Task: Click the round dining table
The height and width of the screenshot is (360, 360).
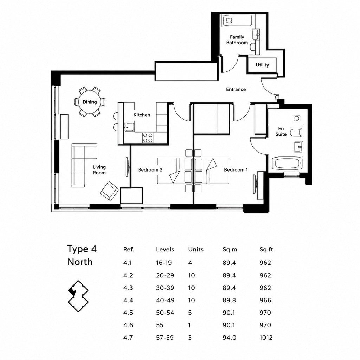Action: click(90, 102)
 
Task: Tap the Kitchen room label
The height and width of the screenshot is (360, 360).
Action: click(142, 115)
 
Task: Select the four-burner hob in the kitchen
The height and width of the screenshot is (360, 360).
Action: click(147, 138)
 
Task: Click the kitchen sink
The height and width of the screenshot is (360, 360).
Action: click(129, 127)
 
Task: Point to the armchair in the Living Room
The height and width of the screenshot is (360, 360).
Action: click(109, 191)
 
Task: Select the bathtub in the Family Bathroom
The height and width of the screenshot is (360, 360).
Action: click(237, 21)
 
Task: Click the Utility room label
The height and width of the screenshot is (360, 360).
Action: click(262, 65)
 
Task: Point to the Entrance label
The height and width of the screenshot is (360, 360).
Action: click(236, 89)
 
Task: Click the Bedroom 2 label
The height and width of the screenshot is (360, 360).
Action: click(150, 170)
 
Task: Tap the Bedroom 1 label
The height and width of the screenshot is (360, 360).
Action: click(236, 170)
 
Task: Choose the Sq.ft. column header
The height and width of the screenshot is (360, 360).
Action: click(267, 249)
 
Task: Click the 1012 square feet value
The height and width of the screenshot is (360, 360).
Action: click(266, 337)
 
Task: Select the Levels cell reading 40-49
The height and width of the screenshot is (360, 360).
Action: click(165, 300)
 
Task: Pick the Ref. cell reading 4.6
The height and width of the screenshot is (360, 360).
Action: click(128, 325)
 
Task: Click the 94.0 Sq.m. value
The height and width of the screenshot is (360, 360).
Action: click(229, 337)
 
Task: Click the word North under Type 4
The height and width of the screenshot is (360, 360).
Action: click(80, 262)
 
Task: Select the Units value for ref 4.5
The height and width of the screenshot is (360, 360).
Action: click(190, 313)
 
